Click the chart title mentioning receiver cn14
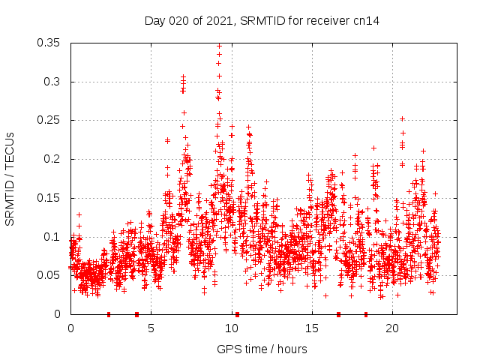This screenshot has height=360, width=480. tap(262, 21)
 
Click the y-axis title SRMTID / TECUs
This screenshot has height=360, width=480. tap(10, 178)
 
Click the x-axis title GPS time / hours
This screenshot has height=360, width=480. tap(262, 349)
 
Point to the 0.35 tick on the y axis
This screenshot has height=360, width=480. tap(50, 43)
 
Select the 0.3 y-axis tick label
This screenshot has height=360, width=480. tap(54, 82)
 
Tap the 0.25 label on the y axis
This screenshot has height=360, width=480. tap(50, 120)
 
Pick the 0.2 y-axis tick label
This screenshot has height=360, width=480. tap(54, 159)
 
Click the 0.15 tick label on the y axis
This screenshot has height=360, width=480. tap(50, 198)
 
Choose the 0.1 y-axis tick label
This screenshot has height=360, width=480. tap(54, 236)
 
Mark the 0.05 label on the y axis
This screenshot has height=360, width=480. tap(50, 275)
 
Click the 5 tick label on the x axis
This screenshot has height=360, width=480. tap(151, 328)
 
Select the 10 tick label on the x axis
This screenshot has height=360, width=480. tap(231, 328)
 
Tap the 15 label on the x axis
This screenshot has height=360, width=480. tap(311, 328)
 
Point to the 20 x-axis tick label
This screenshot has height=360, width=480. tap(391, 328)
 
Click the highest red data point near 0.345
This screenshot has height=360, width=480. tap(219, 46)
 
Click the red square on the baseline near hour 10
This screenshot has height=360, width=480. tap(237, 314)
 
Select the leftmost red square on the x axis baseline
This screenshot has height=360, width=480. tap(109, 314)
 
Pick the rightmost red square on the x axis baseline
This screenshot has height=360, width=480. tap(366, 314)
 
